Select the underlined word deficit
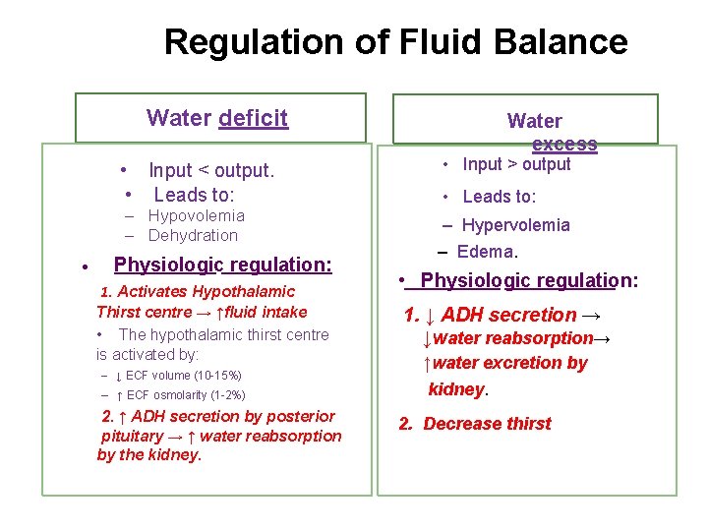coord(254,118)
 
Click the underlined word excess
coord(564,144)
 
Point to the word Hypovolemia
coord(197,215)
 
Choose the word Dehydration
coord(193,235)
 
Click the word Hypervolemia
coord(515,225)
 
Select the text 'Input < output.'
coord(210,170)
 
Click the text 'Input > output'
coord(516,164)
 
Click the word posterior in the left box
coord(301,416)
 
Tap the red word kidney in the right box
coord(456,389)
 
